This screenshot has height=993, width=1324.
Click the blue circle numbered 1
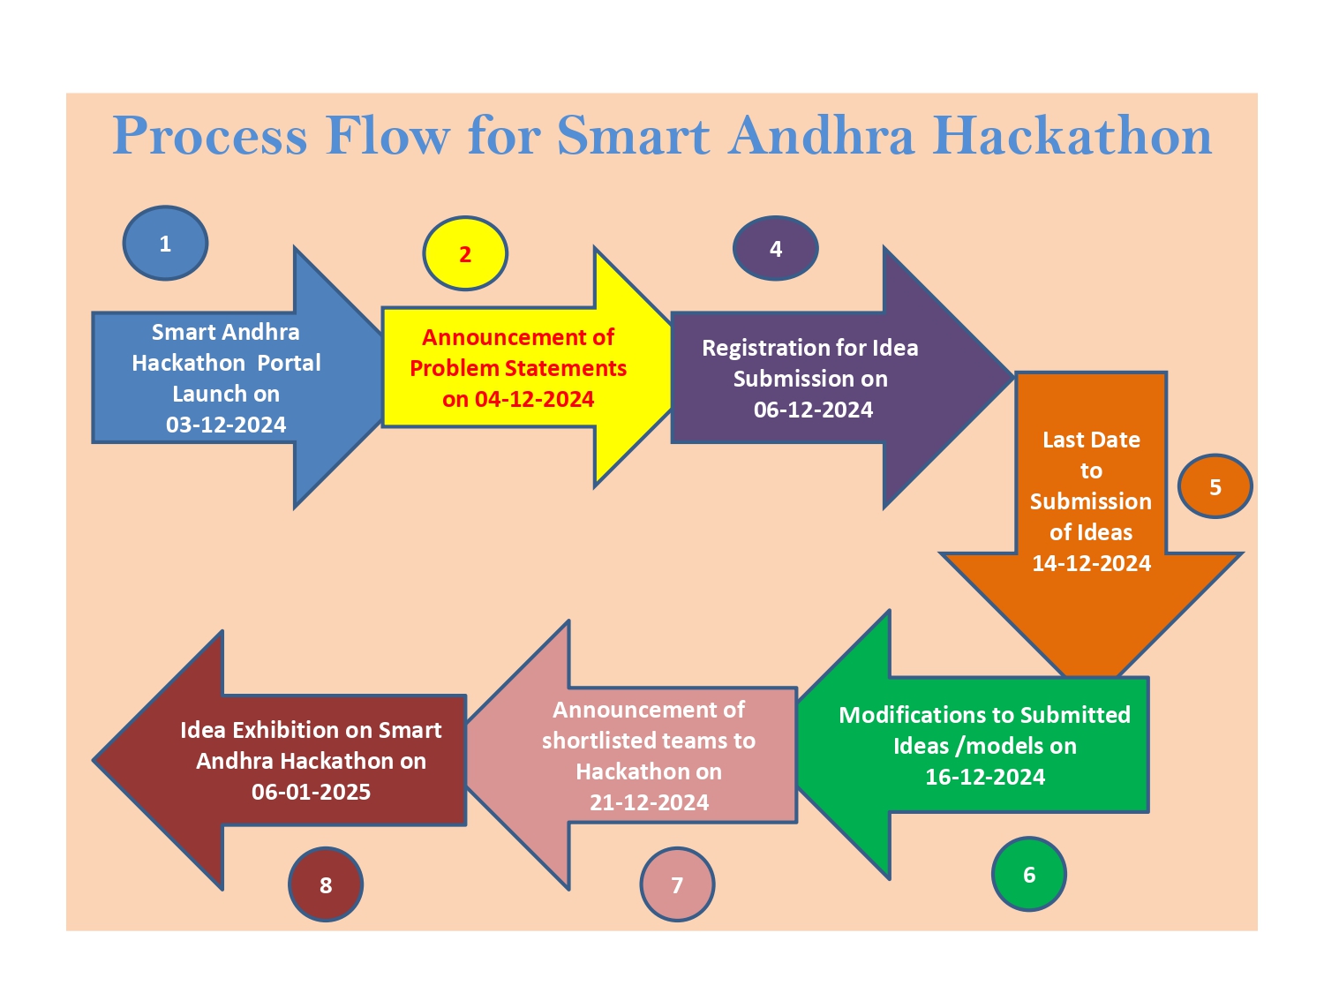click(165, 244)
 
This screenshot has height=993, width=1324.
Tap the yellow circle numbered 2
click(465, 254)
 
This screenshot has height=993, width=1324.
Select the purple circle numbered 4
click(776, 249)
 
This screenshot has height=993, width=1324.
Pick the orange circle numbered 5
click(1215, 486)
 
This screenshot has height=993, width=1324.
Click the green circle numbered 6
click(1029, 874)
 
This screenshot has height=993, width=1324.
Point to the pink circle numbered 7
click(677, 884)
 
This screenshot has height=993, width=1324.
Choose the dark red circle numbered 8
click(326, 884)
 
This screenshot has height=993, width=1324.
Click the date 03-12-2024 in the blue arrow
click(226, 425)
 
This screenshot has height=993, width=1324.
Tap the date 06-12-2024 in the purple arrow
click(813, 410)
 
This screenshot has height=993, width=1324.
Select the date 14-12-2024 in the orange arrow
click(1091, 563)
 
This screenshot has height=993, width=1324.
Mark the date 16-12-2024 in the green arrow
click(985, 777)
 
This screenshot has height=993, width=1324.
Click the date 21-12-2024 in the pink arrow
click(649, 802)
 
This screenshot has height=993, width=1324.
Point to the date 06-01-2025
click(311, 792)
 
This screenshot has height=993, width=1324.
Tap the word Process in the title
click(210, 136)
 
